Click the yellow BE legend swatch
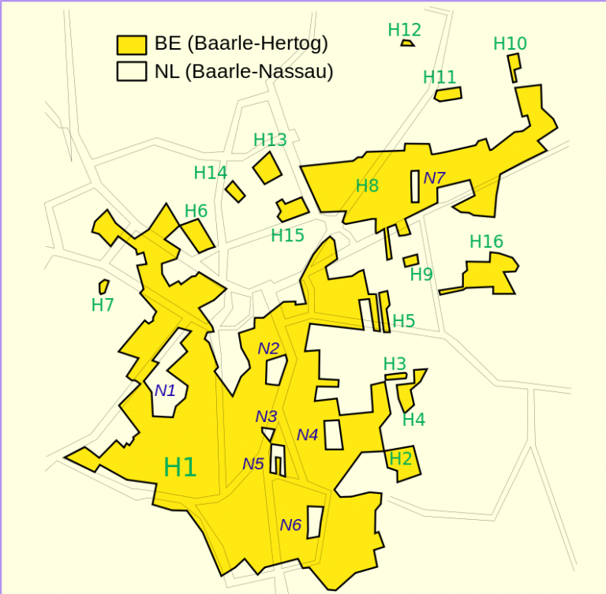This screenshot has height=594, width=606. pyautogui.click(x=132, y=44)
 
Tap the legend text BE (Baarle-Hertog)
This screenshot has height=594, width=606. pyautogui.click(x=241, y=43)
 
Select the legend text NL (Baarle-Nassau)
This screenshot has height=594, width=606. pyautogui.click(x=244, y=72)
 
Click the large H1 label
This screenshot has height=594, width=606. pyautogui.click(x=180, y=467)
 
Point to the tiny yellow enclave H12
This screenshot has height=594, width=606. pyautogui.click(x=407, y=43)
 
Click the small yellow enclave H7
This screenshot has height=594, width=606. pyautogui.click(x=103, y=286)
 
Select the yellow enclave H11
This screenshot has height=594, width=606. pyautogui.click(x=448, y=94)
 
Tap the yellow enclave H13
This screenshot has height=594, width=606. pyautogui.click(x=267, y=168)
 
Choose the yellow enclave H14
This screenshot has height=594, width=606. pyautogui.click(x=235, y=191)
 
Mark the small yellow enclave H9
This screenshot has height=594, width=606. pyautogui.click(x=410, y=260)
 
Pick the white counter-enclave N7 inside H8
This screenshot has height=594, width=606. pyautogui.click(x=415, y=186)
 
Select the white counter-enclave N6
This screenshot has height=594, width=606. pyautogui.click(x=315, y=521)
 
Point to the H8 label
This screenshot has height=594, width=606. pyautogui.click(x=367, y=186)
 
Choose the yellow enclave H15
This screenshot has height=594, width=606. pyautogui.click(x=292, y=210)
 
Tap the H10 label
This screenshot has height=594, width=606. pyautogui.click(x=510, y=43)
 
